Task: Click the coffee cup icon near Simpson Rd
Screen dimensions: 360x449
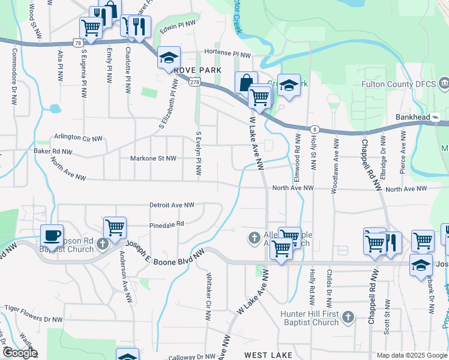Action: pyautogui.click(x=51, y=235)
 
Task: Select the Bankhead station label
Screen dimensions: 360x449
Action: pyautogui.click(x=414, y=117)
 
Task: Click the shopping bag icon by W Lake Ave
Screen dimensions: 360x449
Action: pyautogui.click(x=246, y=82)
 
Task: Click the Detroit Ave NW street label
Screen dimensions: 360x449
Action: pyautogui.click(x=172, y=205)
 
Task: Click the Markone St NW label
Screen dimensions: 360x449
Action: pyautogui.click(x=154, y=158)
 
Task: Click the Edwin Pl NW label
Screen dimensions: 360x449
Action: pyautogui.click(x=178, y=25)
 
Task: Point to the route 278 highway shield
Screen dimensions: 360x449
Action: pyautogui.click(x=194, y=83)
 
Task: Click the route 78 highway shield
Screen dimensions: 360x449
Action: pyautogui.click(x=77, y=43)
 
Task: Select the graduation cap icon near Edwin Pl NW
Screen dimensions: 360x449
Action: pyautogui.click(x=169, y=58)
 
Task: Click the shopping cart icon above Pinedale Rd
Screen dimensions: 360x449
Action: pyautogui.click(x=115, y=227)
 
